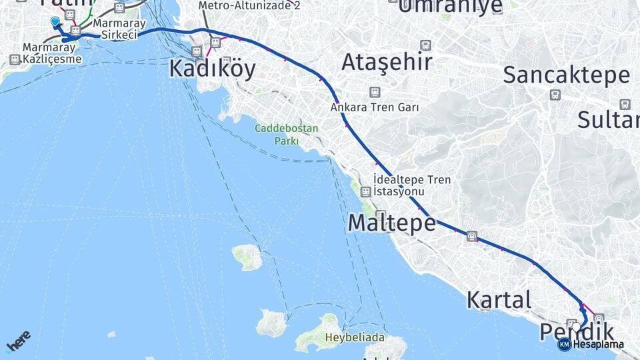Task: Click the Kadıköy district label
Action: [x=212, y=69]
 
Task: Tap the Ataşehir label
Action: [x=387, y=62]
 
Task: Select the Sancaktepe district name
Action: [x=566, y=75]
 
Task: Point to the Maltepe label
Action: [x=391, y=223]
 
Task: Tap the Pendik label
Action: [x=577, y=331]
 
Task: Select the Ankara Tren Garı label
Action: [x=374, y=107]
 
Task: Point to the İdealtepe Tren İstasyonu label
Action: [x=412, y=185]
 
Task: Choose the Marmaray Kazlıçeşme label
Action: [x=52, y=53]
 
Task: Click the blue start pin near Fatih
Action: [x=55, y=22]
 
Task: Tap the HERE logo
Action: [x=18, y=341]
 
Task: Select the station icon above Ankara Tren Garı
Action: [x=375, y=91]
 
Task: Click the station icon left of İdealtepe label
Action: [x=365, y=192]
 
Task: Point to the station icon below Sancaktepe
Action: [x=555, y=95]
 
